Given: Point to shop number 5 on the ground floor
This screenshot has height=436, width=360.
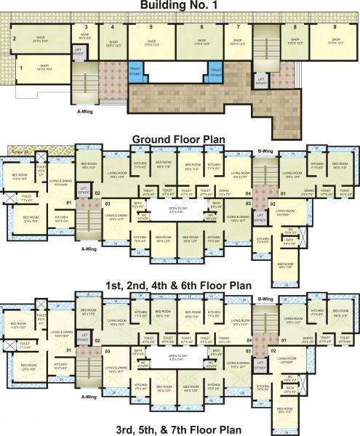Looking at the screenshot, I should click(x=151, y=27).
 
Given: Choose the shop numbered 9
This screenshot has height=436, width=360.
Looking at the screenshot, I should click(x=334, y=27).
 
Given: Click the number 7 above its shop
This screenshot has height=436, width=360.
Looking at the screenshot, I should click(x=237, y=27).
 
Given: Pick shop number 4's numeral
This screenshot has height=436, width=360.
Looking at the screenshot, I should click(x=112, y=27).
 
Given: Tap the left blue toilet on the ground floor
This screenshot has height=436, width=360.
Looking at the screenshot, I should click(x=135, y=72).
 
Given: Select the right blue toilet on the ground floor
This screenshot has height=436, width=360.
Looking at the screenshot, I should click(x=216, y=70).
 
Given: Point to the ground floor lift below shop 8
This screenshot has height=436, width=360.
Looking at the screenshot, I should click(x=260, y=79).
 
